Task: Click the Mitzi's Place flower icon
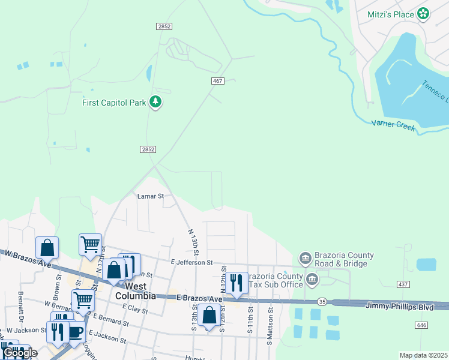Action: [423, 13]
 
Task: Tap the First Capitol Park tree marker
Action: [156, 102]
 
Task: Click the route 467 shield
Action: [218, 81]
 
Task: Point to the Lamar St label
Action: [151, 196]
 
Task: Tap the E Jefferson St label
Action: [191, 262]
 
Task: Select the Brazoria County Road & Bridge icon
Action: [305, 259]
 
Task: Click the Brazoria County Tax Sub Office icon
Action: [312, 279]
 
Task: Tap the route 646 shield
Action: [423, 325]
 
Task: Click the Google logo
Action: [20, 353]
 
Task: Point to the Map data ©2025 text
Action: [423, 355]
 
